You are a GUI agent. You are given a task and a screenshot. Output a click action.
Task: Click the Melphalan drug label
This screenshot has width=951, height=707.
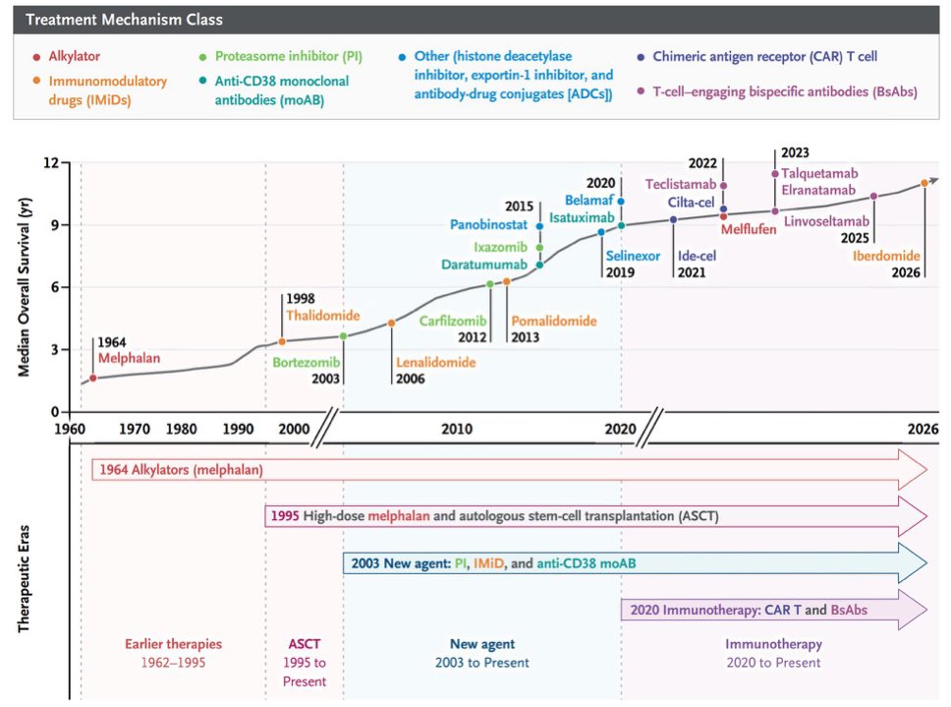point(129,358)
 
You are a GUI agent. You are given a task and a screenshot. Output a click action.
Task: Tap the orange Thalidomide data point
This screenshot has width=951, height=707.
point(281,341)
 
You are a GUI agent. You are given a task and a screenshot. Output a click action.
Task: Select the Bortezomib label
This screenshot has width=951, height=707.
point(307,362)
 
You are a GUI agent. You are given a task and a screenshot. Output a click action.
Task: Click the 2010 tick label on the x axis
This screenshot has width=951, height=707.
point(457,429)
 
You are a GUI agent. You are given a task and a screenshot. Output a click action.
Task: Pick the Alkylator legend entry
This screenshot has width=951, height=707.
point(67,56)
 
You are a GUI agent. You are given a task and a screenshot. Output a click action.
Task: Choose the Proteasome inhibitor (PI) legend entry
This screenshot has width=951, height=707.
point(281,56)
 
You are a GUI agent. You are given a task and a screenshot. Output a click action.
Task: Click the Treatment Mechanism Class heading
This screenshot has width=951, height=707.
point(125,20)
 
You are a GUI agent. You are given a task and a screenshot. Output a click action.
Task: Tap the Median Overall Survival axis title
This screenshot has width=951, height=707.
point(24,287)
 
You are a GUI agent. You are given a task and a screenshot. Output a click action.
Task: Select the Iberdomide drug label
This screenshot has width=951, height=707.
point(886,256)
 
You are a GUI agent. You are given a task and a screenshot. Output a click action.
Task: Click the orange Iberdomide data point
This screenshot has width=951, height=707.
point(924,183)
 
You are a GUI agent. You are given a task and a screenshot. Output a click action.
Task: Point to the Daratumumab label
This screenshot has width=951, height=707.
point(484,265)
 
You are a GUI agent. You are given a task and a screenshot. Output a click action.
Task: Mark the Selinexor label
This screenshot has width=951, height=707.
point(633,256)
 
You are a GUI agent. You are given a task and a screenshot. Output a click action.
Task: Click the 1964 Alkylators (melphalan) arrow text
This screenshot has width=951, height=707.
point(182,470)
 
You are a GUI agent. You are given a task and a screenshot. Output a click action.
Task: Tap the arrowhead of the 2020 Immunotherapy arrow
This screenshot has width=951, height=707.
point(913,610)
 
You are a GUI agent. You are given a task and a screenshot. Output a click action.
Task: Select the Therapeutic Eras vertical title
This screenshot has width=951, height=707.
point(24,579)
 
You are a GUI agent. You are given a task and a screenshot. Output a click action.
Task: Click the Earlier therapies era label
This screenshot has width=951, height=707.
point(174,644)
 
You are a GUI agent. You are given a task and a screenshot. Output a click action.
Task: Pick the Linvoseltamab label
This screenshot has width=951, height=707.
point(826,221)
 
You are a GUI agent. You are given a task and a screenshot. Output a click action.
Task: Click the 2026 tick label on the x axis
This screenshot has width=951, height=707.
point(923,429)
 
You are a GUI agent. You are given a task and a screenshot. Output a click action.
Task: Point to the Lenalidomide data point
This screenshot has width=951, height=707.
point(392,324)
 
